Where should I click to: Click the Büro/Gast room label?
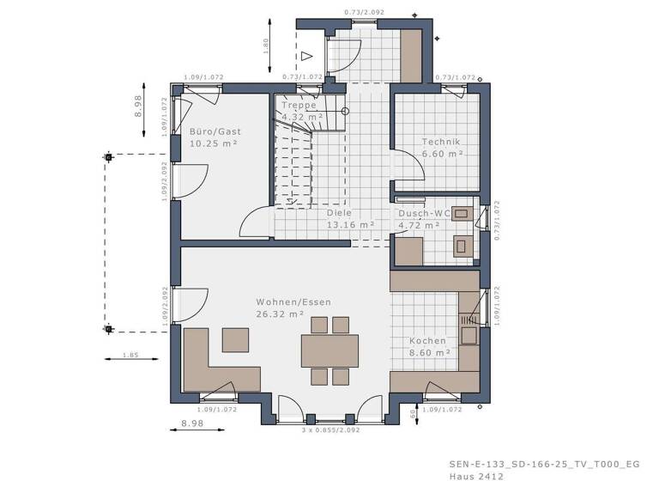point(215,131)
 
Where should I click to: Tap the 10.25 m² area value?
point(213,143)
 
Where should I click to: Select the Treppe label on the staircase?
point(299,105)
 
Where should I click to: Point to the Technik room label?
point(441,142)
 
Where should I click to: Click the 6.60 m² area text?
point(442,154)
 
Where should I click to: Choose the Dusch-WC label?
point(424,212)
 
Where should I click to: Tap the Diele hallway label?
point(340,212)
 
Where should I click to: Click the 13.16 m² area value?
point(350,224)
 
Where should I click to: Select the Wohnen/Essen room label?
point(293,302)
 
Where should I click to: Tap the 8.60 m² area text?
point(430,352)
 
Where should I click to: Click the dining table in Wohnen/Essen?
point(329,350)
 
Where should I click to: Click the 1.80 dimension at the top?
point(267,45)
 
